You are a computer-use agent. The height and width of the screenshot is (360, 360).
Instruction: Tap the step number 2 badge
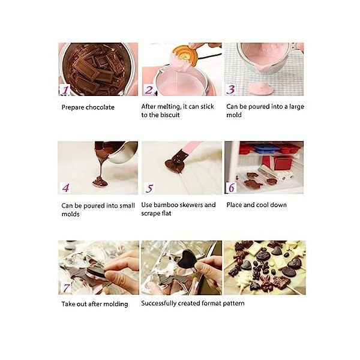(x=148, y=90)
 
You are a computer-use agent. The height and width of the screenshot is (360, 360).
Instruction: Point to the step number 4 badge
(x=65, y=188)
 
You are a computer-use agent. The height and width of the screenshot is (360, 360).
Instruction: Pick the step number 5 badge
(x=149, y=188)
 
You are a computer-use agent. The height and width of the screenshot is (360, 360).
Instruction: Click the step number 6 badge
(x=231, y=187)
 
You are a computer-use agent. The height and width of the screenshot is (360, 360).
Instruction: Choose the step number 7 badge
(x=65, y=286)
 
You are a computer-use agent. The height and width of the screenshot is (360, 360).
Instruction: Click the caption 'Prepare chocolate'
(x=88, y=107)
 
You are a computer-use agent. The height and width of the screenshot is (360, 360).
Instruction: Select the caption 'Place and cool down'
(x=256, y=205)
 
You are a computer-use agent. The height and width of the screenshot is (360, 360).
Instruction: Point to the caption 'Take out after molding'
(x=94, y=304)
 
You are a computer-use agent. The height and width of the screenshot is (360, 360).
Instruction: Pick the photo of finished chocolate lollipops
(x=265, y=267)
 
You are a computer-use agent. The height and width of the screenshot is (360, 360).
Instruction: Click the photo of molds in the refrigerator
(x=263, y=166)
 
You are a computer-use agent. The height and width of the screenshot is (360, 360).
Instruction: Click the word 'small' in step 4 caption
(x=125, y=205)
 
